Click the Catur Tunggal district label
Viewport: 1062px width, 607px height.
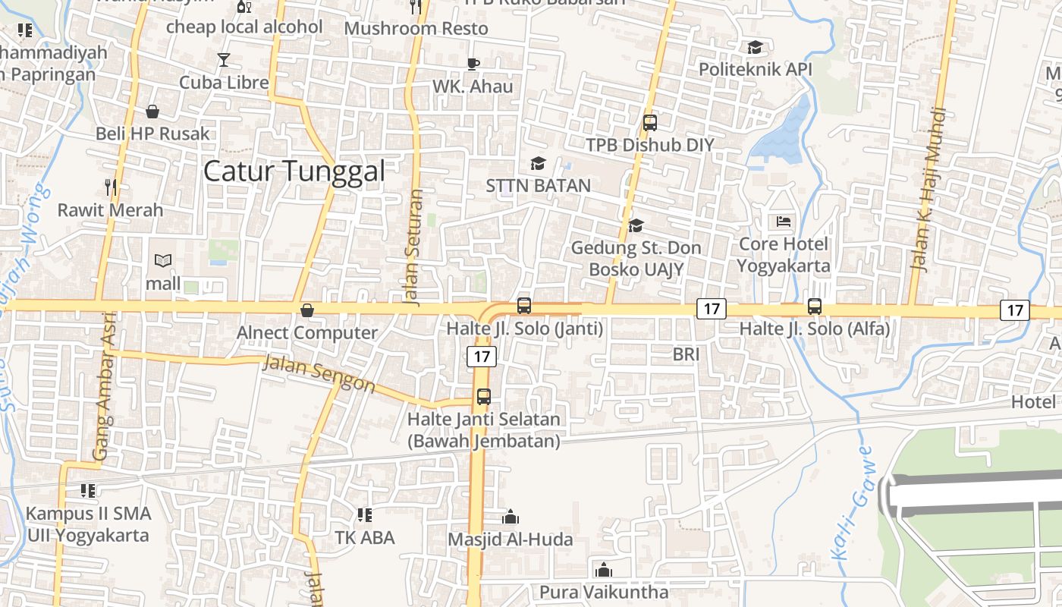[294, 171]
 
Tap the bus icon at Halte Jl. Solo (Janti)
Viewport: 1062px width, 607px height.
[523, 306]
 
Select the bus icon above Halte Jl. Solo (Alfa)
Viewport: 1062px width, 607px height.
[814, 307]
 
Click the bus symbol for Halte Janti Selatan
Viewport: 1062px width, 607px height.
[483, 396]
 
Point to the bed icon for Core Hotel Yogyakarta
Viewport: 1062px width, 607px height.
[784, 222]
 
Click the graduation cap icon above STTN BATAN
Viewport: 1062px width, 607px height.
[538, 163]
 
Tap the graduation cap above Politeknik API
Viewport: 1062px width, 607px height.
[755, 47]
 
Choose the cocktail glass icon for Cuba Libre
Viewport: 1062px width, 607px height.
[224, 59]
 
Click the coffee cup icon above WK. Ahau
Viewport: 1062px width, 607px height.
[473, 64]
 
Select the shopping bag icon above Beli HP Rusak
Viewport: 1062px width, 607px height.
[152, 112]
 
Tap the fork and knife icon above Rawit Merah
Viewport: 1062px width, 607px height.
[111, 186]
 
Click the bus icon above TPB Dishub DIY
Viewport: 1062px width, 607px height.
[649, 122]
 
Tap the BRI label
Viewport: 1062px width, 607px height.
[686, 354]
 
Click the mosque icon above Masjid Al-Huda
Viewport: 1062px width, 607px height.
[511, 517]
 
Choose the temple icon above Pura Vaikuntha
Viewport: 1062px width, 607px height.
[604, 569]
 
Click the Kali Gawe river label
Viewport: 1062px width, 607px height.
[852, 502]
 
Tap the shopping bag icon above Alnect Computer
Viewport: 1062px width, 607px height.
[307, 310]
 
